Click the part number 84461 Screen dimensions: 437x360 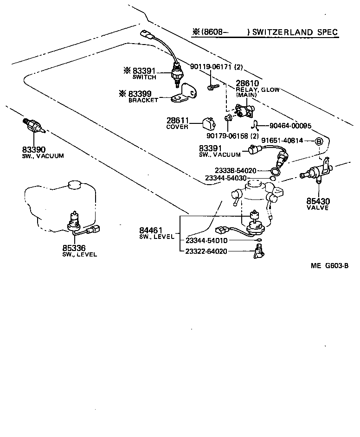151,230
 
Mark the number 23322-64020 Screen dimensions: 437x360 206,251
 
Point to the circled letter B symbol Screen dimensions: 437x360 319,141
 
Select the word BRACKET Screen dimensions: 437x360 143,100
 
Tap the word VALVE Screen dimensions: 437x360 317,208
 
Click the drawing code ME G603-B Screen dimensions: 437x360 330,266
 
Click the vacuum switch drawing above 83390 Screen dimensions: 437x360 34,127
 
